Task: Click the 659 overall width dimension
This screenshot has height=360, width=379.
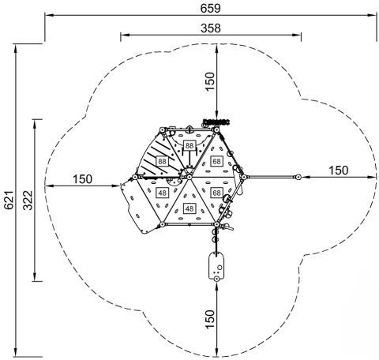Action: point(210,8)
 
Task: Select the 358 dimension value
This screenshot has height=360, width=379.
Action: point(211,28)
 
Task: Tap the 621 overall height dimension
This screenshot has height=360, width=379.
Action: point(9,200)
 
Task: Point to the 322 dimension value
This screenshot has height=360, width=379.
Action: point(28,200)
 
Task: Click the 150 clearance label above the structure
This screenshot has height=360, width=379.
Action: point(210,81)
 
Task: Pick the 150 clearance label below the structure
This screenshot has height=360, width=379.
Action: point(210,319)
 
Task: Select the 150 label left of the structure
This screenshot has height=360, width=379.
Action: point(82,179)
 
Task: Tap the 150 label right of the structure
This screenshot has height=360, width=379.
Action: point(339,171)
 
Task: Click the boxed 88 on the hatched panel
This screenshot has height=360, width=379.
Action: point(162,161)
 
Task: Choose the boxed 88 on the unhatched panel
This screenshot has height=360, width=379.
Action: point(189,145)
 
